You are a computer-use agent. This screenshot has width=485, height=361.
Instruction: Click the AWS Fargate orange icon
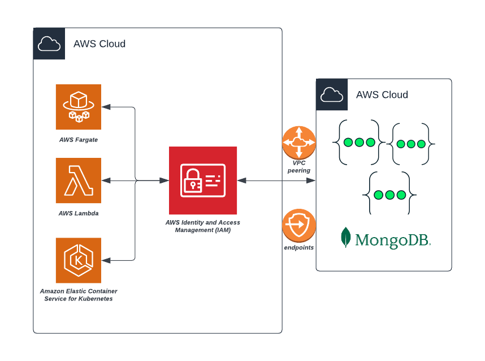click(79, 107)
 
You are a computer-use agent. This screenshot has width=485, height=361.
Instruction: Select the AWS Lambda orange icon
click(79, 180)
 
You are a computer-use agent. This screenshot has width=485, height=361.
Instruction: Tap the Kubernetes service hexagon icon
click(79, 260)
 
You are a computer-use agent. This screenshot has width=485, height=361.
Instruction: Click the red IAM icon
click(203, 180)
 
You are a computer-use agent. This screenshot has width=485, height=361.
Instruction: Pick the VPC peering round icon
click(299, 143)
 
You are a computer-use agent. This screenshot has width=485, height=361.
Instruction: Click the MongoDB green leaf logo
click(345, 238)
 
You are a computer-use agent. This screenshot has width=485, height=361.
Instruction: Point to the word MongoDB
click(392, 239)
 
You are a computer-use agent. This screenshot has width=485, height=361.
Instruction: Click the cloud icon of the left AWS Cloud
click(49, 44)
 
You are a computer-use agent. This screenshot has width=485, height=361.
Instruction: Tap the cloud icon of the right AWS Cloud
click(332, 94)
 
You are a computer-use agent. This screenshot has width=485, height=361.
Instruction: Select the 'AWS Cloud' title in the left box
click(99, 44)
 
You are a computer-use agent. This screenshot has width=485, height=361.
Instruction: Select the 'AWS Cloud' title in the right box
click(382, 95)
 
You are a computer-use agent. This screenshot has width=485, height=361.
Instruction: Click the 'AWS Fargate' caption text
click(79, 140)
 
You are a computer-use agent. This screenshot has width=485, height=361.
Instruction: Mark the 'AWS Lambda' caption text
click(79, 213)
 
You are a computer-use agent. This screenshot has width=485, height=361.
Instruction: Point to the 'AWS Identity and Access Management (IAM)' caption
click(203, 226)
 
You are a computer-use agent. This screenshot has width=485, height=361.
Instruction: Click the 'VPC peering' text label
click(299, 166)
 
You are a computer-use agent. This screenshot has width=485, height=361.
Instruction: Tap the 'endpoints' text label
click(299, 247)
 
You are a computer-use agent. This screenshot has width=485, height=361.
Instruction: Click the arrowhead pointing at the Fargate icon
click(106, 107)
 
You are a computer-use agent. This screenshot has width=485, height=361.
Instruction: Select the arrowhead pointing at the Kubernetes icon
click(106, 260)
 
